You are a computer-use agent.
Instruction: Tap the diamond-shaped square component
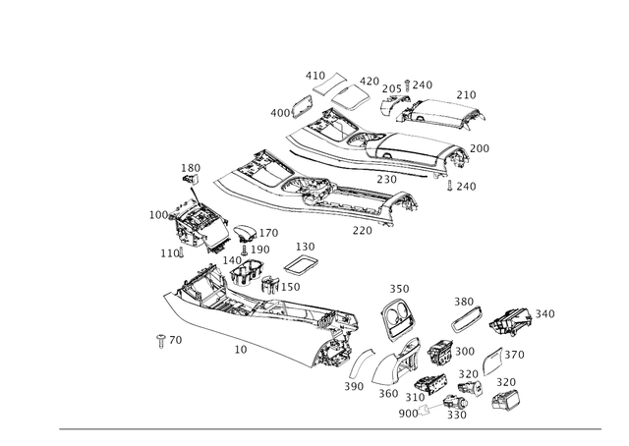(398, 316)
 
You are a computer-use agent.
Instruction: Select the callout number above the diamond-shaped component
(397, 288)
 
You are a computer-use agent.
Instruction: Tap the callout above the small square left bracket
(189, 170)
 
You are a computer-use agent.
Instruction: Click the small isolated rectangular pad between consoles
(304, 266)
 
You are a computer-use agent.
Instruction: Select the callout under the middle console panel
(362, 232)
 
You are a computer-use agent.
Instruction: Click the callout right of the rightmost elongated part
(546, 312)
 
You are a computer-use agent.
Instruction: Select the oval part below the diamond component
(438, 351)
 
